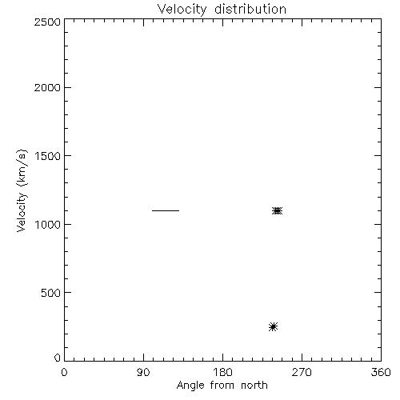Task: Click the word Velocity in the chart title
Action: point(182,10)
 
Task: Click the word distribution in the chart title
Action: point(250,9)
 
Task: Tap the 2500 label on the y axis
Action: point(47,22)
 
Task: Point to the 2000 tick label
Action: point(47,87)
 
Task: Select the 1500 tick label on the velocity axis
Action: point(48,156)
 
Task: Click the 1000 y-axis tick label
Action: point(48,225)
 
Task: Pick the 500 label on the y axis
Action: point(51,293)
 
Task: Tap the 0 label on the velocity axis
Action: point(58,358)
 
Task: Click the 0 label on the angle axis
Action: point(64,372)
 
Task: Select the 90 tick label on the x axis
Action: point(143,372)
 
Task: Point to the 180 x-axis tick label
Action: point(222,372)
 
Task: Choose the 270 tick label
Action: point(302,372)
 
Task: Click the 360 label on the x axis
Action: point(381,372)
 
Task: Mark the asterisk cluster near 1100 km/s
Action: point(278,211)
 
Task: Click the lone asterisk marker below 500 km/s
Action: point(273,326)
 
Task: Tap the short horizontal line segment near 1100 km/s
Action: point(166,210)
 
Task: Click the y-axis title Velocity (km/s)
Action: point(22,190)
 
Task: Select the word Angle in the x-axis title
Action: point(190,386)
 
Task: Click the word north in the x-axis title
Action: point(254,386)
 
